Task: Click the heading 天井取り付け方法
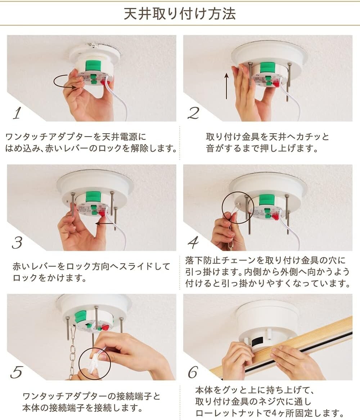pos(180,14)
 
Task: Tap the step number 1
pos(18,113)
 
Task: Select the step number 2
pos(194,113)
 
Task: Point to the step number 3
pos(17,243)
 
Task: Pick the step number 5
pos(17,372)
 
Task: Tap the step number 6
pos(193,372)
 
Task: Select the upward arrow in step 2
pos(227,86)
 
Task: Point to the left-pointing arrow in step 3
pos(105,223)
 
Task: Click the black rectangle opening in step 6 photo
pos(257,341)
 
